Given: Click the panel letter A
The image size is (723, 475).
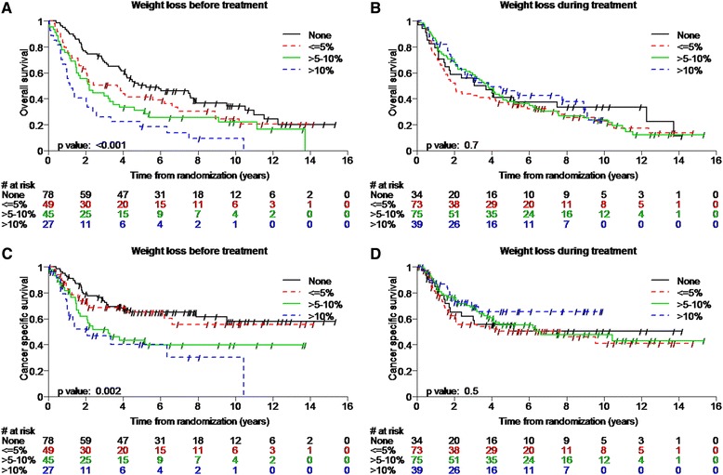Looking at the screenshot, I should (x=7, y=8).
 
